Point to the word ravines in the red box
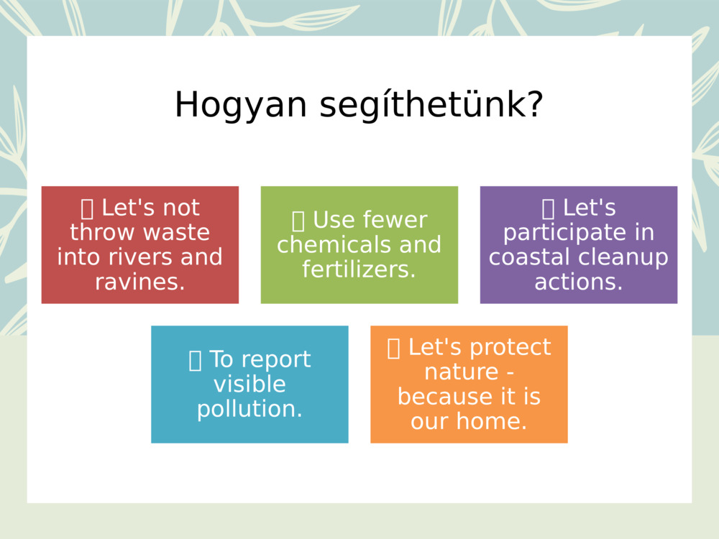[137, 282]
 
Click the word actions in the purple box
[577, 282]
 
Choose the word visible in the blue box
[249, 384]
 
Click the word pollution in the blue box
[247, 408]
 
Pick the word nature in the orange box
[462, 372]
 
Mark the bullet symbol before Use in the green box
[298, 220]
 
